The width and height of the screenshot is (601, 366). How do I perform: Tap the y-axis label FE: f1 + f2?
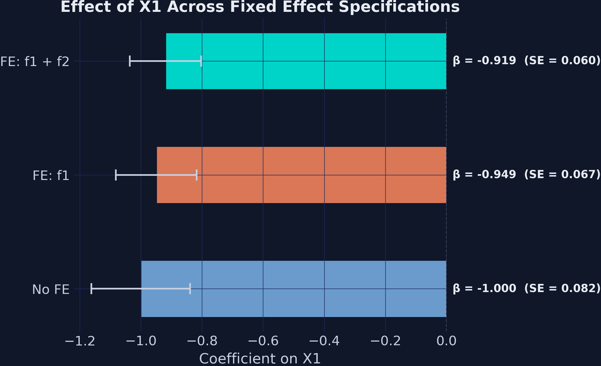pyautogui.click(x=35, y=62)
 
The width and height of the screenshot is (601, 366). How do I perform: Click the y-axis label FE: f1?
pyautogui.click(x=51, y=176)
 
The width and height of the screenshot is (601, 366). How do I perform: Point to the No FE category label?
pyautogui.click(x=51, y=289)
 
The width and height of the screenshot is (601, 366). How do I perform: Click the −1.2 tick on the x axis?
pyautogui.click(x=80, y=341)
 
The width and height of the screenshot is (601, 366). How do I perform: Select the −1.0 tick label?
pyautogui.click(x=141, y=341)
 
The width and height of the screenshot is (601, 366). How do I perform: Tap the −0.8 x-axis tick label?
pyautogui.click(x=202, y=341)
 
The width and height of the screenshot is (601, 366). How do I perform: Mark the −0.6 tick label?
pyautogui.click(x=263, y=341)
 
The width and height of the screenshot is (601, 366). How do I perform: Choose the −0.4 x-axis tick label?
pyautogui.click(x=324, y=341)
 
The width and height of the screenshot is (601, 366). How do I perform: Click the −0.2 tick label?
pyautogui.click(x=385, y=341)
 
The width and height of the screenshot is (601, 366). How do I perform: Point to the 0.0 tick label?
pyautogui.click(x=446, y=341)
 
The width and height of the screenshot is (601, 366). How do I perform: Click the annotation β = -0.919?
pyautogui.click(x=484, y=61)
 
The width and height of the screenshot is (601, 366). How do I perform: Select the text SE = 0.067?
pyautogui.click(x=562, y=174)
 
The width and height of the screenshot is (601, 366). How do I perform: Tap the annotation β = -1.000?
pyautogui.click(x=484, y=288)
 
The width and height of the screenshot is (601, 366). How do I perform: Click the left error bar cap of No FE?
pyautogui.click(x=91, y=289)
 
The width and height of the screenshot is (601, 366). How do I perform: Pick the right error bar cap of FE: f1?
pyautogui.click(x=197, y=175)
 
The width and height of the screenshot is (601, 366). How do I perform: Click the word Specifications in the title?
pyautogui.click(x=399, y=7)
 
